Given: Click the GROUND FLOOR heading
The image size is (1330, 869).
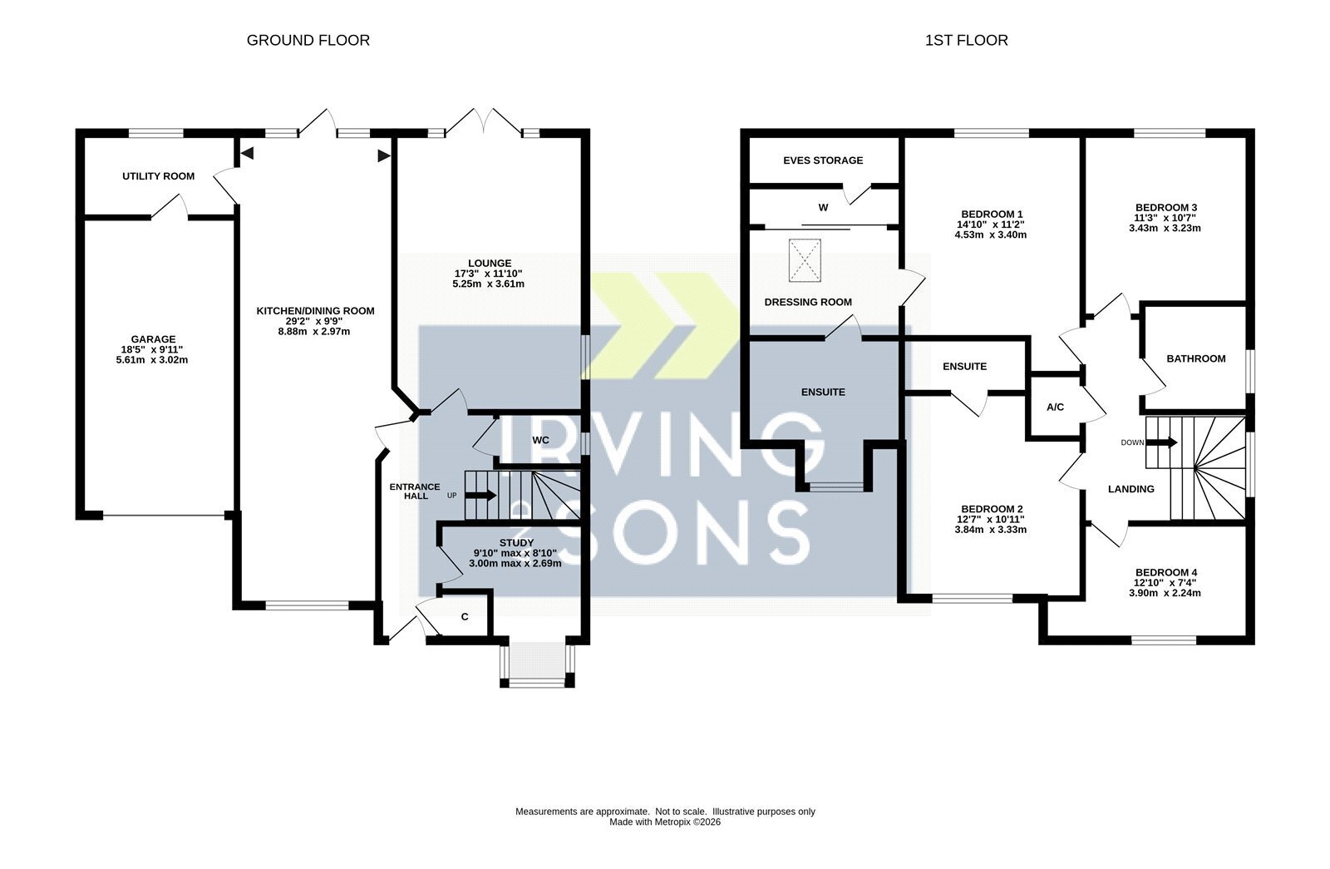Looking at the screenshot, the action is click(x=308, y=41).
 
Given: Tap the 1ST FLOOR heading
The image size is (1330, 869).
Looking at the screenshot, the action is click(x=966, y=41).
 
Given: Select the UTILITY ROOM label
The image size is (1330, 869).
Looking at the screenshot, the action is click(x=159, y=176).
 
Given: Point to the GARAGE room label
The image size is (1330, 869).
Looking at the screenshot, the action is click(x=153, y=340).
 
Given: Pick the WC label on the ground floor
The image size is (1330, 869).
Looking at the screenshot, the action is click(x=541, y=440).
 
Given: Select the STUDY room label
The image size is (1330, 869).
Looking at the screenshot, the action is click(x=516, y=543).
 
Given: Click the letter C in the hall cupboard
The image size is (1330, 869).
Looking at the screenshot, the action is click(x=465, y=617).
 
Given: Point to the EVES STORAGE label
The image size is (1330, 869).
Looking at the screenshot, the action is click(x=823, y=160).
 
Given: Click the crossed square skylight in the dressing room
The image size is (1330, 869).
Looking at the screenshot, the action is click(x=805, y=260).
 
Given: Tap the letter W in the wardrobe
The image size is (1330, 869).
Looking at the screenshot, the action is click(x=823, y=208).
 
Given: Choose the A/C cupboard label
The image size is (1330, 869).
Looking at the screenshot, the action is click(x=1055, y=407).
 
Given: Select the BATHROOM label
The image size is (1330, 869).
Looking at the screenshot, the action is click(x=1196, y=358).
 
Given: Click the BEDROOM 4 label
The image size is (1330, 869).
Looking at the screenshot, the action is click(x=1165, y=573).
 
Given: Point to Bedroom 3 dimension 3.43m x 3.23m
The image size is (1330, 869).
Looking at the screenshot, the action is click(x=1165, y=228).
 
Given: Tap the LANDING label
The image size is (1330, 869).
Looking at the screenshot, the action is click(x=1131, y=490).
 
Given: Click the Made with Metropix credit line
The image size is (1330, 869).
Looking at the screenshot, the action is click(x=665, y=822).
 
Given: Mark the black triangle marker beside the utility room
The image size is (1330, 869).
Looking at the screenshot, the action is click(x=247, y=153).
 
